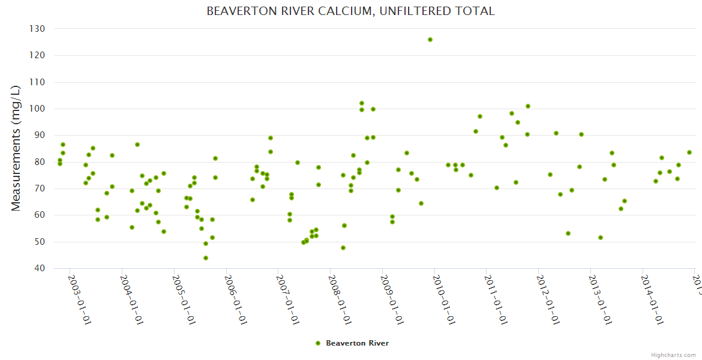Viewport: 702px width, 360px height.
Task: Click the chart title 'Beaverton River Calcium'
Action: [x=350, y=11]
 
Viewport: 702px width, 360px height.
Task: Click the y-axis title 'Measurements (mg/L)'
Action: [x=16, y=148]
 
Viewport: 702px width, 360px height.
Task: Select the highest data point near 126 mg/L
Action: [x=430, y=40]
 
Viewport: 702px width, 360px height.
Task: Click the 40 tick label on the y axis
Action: [x=40, y=268]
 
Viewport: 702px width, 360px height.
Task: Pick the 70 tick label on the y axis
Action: [x=40, y=188]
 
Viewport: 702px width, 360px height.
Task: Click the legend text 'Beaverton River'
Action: [x=357, y=343]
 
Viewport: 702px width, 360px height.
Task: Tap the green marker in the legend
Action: [x=318, y=343]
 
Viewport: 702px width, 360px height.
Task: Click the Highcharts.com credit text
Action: [x=674, y=355]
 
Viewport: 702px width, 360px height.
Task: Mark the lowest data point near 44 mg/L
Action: [x=206, y=258]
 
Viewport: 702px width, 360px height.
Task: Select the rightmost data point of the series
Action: [x=689, y=152]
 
